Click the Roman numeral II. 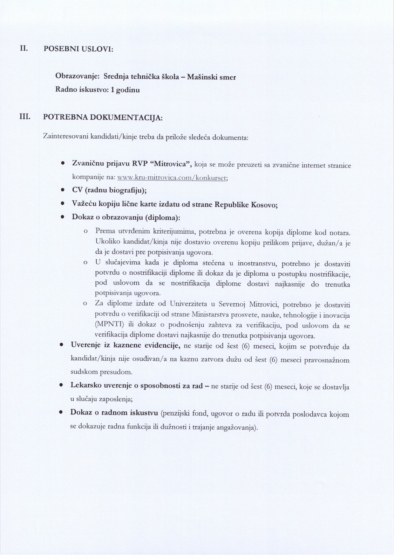tap(24, 49)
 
